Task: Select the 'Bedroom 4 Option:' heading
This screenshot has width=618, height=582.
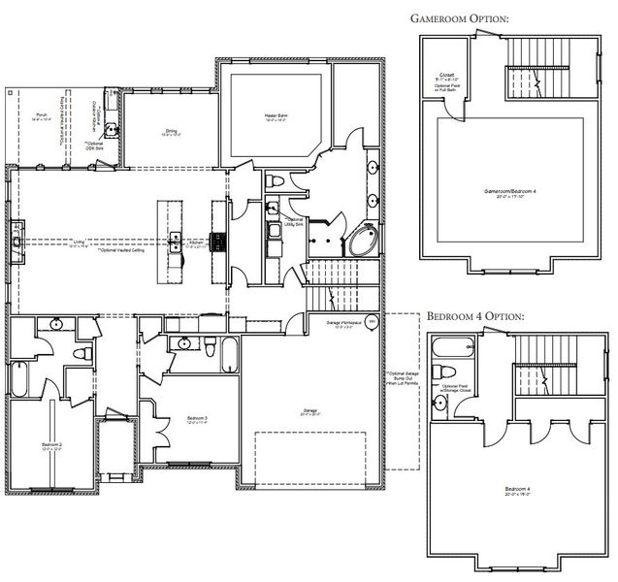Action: tap(475, 317)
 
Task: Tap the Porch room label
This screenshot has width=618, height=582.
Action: tap(41, 113)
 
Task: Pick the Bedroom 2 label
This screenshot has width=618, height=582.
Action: tap(52, 446)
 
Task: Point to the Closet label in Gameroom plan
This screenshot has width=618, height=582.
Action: tap(447, 75)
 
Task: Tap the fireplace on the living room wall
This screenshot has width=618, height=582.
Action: tap(17, 235)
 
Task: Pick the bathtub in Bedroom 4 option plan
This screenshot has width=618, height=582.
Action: tap(450, 347)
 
